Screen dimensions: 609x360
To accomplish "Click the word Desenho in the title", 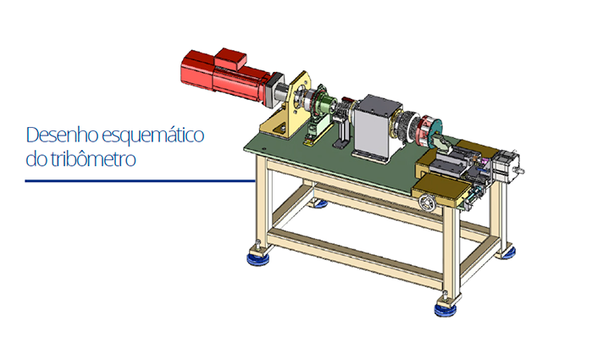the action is coord(62,135).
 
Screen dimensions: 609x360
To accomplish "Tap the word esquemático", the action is coord(153,136).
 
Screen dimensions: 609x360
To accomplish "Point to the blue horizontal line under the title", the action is coord(140,180).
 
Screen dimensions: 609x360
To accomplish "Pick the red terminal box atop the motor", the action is coord(230,58).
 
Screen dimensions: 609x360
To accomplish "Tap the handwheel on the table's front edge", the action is coord(428,202).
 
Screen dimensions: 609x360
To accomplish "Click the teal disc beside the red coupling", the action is coord(435,133).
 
